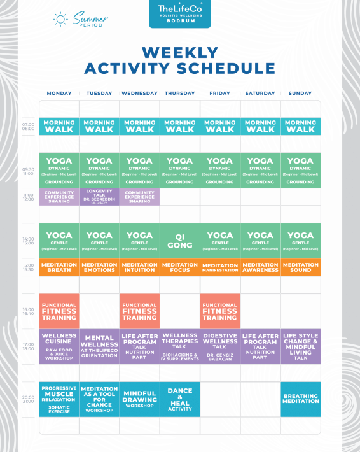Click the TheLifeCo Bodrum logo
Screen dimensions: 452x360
click(179, 13)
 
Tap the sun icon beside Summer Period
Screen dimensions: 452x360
click(60, 19)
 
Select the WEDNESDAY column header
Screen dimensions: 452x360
click(139, 94)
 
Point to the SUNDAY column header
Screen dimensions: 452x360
click(300, 94)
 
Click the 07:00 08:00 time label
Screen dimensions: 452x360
click(29, 126)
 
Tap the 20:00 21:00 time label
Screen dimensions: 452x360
click(29, 399)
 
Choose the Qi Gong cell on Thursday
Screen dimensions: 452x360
click(180, 241)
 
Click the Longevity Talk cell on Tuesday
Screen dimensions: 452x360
click(99, 197)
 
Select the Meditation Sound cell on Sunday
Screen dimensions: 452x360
click(300, 267)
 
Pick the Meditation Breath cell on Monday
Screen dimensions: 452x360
click(59, 267)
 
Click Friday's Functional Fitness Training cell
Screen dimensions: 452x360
click(220, 311)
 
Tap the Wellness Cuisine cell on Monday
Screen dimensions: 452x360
click(59, 346)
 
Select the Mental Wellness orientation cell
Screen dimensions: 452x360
click(99, 346)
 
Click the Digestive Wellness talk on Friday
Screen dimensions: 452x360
click(220, 346)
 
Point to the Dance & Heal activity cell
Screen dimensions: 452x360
click(180, 399)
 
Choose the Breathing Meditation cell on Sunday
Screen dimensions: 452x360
click(300, 399)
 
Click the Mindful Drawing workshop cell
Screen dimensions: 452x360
click(139, 399)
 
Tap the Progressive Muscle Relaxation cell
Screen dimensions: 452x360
click(59, 399)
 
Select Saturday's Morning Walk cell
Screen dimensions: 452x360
click(260, 126)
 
